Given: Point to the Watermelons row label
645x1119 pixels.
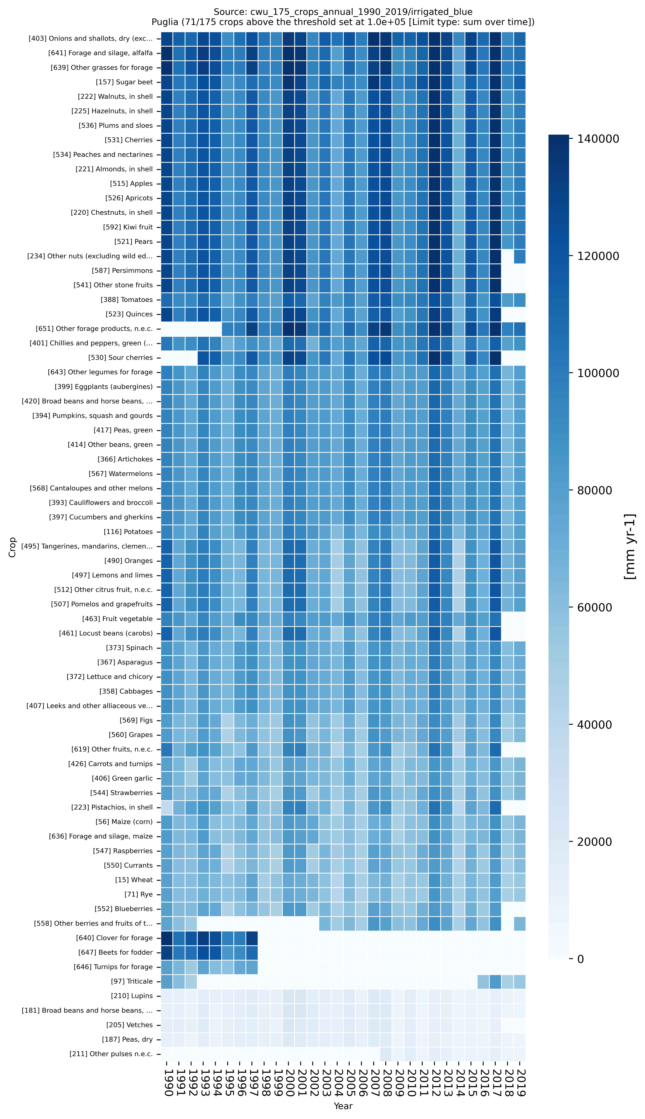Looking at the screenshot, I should (x=120, y=474).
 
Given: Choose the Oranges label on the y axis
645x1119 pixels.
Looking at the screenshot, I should (x=129, y=560).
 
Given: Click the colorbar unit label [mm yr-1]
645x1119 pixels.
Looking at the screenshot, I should (x=630, y=546).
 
